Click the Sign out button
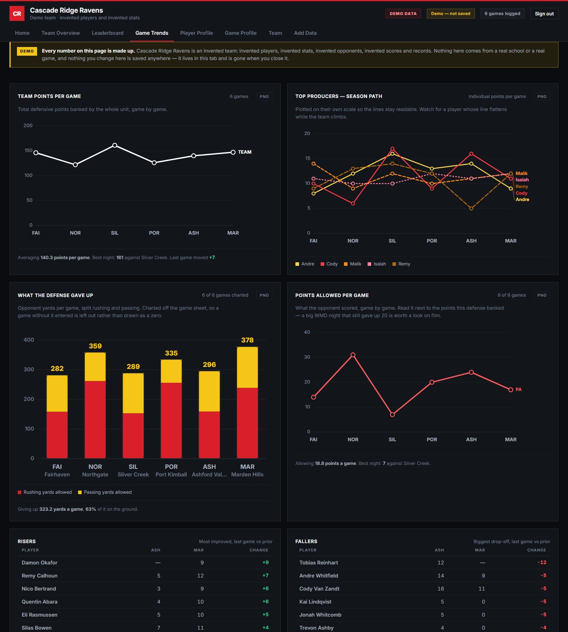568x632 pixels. tap(544, 13)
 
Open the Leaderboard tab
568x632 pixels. tap(108, 33)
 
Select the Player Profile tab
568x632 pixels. tap(196, 33)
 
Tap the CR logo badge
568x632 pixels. tap(17, 13)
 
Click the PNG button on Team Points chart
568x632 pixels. tap(264, 96)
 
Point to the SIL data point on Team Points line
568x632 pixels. tap(115, 145)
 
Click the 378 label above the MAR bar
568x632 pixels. tap(247, 340)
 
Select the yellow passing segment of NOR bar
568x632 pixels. tap(95, 367)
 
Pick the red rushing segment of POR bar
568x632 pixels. tap(171, 420)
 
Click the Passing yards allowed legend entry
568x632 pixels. tap(105, 492)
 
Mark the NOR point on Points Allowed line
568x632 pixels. tap(353, 355)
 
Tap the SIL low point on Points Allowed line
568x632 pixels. tap(392, 415)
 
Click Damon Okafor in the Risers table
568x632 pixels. tap(39, 562)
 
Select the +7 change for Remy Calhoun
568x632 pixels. tap(265, 576)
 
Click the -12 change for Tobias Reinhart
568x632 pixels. tap(542, 562)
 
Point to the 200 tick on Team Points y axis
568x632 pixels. tap(28, 126)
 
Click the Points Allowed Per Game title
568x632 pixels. tap(332, 295)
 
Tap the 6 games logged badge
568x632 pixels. tap(502, 13)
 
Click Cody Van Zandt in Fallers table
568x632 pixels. tap(319, 589)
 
